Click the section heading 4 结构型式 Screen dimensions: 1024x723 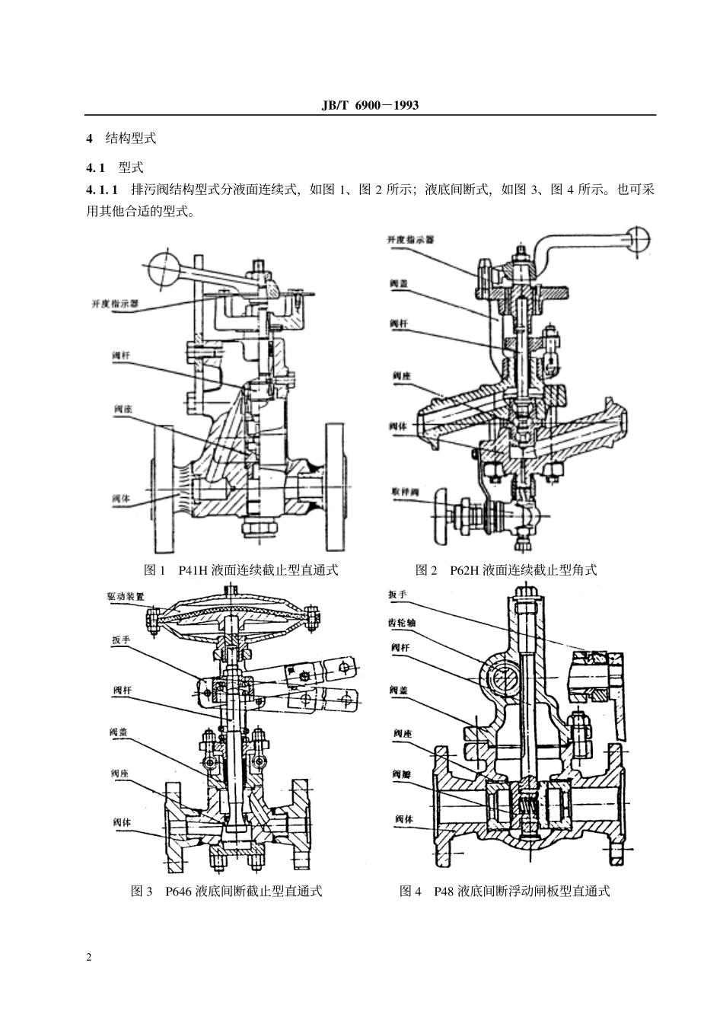coord(121,139)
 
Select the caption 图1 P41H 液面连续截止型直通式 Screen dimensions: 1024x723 coord(240,569)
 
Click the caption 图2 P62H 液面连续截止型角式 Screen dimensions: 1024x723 coord(507,569)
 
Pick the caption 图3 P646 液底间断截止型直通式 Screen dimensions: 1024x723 coord(227,891)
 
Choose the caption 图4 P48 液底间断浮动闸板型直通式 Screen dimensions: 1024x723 coord(505,891)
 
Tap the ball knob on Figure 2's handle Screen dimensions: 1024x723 coord(636,240)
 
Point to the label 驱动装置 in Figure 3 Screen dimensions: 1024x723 coord(126,597)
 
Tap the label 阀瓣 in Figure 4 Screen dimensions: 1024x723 coord(401,773)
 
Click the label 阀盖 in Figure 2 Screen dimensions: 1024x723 coord(399,283)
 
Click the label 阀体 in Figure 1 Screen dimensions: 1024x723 coord(122,499)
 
